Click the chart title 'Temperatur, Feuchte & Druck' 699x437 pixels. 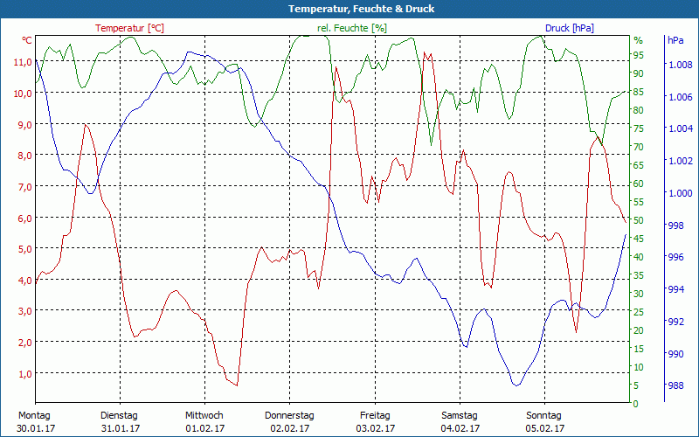pos(349,9)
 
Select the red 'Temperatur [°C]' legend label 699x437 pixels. pos(129,28)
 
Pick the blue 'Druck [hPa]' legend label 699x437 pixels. pos(569,28)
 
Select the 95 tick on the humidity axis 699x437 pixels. pos(639,55)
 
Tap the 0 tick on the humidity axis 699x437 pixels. pos(636,404)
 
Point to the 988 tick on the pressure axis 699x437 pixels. pos(675,385)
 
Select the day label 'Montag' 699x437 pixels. pos(34,415)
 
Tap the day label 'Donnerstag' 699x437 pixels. pos(289,415)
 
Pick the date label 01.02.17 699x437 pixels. pos(204,428)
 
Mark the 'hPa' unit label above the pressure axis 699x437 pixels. pos(675,41)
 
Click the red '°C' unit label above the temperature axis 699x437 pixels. pos(27,41)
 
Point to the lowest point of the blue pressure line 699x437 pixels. pos(516,385)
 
